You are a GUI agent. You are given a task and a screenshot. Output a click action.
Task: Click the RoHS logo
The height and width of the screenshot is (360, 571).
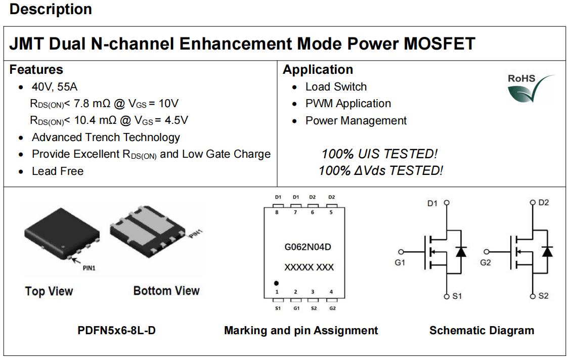531,88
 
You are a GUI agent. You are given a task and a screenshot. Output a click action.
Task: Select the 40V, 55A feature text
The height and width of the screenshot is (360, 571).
55,86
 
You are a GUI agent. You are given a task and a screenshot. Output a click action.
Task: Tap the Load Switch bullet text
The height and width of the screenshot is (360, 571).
336,86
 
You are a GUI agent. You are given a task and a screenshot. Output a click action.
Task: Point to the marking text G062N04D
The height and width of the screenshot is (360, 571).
308,247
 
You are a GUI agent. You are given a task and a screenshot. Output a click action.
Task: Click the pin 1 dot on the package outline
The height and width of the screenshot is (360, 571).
276,283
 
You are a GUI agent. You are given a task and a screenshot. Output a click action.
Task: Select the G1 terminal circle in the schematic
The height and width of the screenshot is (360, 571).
401,251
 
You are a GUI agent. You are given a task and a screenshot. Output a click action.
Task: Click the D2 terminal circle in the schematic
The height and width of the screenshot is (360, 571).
533,202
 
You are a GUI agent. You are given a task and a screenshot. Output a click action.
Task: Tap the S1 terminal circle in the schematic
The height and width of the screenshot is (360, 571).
447,296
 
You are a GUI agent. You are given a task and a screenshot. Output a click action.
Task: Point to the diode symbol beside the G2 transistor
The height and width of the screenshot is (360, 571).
547,251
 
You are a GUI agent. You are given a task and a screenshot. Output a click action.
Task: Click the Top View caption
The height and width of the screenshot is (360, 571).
49,291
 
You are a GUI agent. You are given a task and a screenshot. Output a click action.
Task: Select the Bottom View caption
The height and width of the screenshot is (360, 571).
166,290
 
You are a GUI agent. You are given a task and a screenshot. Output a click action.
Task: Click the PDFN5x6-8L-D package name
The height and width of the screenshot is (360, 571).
116,330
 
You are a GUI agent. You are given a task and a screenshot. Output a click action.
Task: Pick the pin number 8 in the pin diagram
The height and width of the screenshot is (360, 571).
277,212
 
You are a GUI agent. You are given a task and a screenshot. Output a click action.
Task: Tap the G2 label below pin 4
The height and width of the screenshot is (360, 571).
332,308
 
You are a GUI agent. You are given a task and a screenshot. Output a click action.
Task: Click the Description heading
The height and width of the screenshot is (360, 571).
51,9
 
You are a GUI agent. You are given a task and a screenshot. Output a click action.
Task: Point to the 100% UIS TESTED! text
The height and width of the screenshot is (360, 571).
379,154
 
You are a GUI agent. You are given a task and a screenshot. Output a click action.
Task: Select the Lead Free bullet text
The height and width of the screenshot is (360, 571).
58,171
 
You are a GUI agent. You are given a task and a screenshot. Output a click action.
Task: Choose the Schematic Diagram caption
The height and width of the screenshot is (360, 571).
481,330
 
